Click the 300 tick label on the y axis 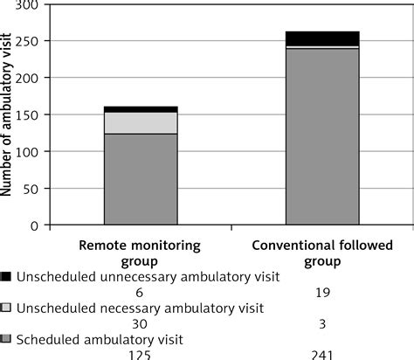[x=30, y=6]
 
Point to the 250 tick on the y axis [x=30, y=42]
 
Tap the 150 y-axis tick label [x=30, y=115]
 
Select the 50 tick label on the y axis [x=33, y=189]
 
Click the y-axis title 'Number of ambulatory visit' [x=8, y=114]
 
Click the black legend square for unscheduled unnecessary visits [x=7, y=277]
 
